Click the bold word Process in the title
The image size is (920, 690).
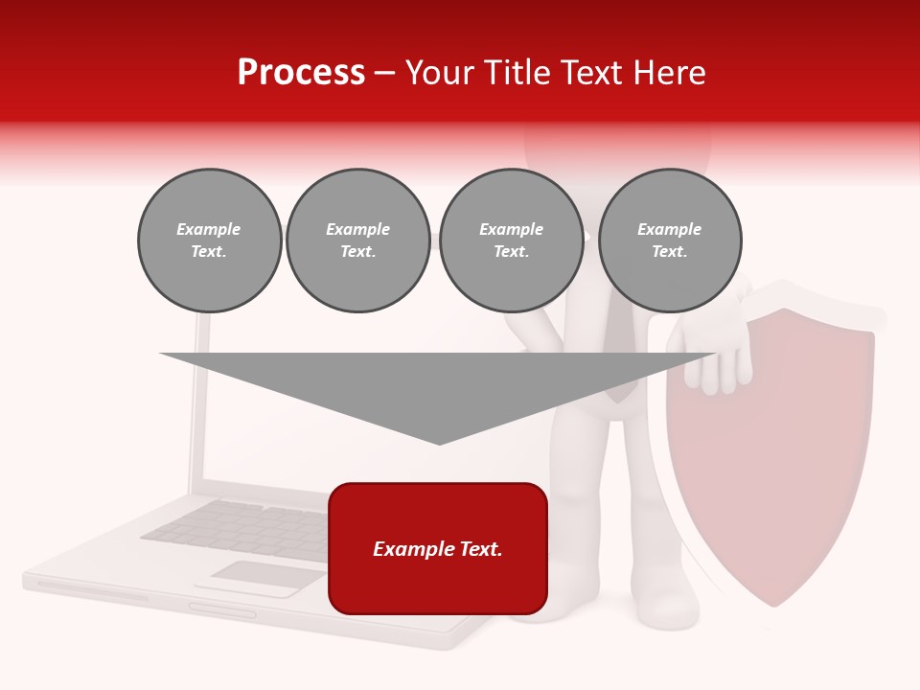pyautogui.click(x=301, y=73)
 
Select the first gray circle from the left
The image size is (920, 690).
pyautogui.click(x=209, y=241)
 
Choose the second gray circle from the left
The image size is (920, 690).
pyautogui.click(x=357, y=241)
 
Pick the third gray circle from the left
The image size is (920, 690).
pyautogui.click(x=511, y=241)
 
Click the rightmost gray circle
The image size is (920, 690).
pyautogui.click(x=669, y=241)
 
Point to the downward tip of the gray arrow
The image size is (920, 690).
pyautogui.click(x=439, y=442)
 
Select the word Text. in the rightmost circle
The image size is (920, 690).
pyautogui.click(x=669, y=252)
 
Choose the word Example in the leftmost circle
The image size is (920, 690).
pyautogui.click(x=209, y=230)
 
